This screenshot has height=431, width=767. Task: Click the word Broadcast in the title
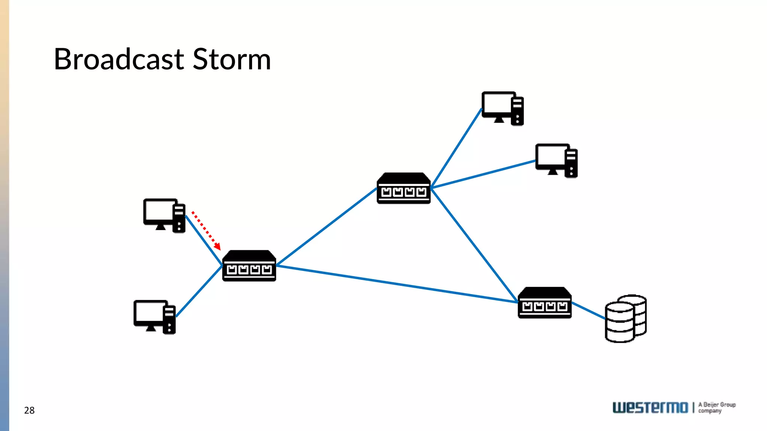tap(119, 59)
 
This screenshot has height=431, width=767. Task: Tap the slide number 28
tap(29, 410)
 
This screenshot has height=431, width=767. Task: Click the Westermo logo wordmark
tap(650, 407)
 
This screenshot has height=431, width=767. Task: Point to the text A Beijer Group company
tap(716, 407)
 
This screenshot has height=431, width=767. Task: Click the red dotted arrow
tap(206, 230)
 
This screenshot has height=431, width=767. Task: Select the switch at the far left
tap(249, 266)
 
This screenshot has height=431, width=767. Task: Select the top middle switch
tap(403, 189)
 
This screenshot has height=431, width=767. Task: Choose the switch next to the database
tap(545, 303)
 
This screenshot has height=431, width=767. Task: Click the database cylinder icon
tap(625, 319)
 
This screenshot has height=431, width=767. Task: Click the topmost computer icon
tap(502, 108)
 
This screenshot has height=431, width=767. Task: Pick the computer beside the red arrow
tap(164, 215)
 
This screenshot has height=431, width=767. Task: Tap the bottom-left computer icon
tap(154, 317)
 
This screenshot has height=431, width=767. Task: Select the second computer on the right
tap(556, 161)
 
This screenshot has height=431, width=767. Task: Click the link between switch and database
tap(588, 311)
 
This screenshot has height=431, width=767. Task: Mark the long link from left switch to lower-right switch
tap(397, 284)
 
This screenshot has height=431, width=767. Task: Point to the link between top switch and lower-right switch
tap(474, 245)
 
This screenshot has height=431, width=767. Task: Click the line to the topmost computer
tap(456, 148)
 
